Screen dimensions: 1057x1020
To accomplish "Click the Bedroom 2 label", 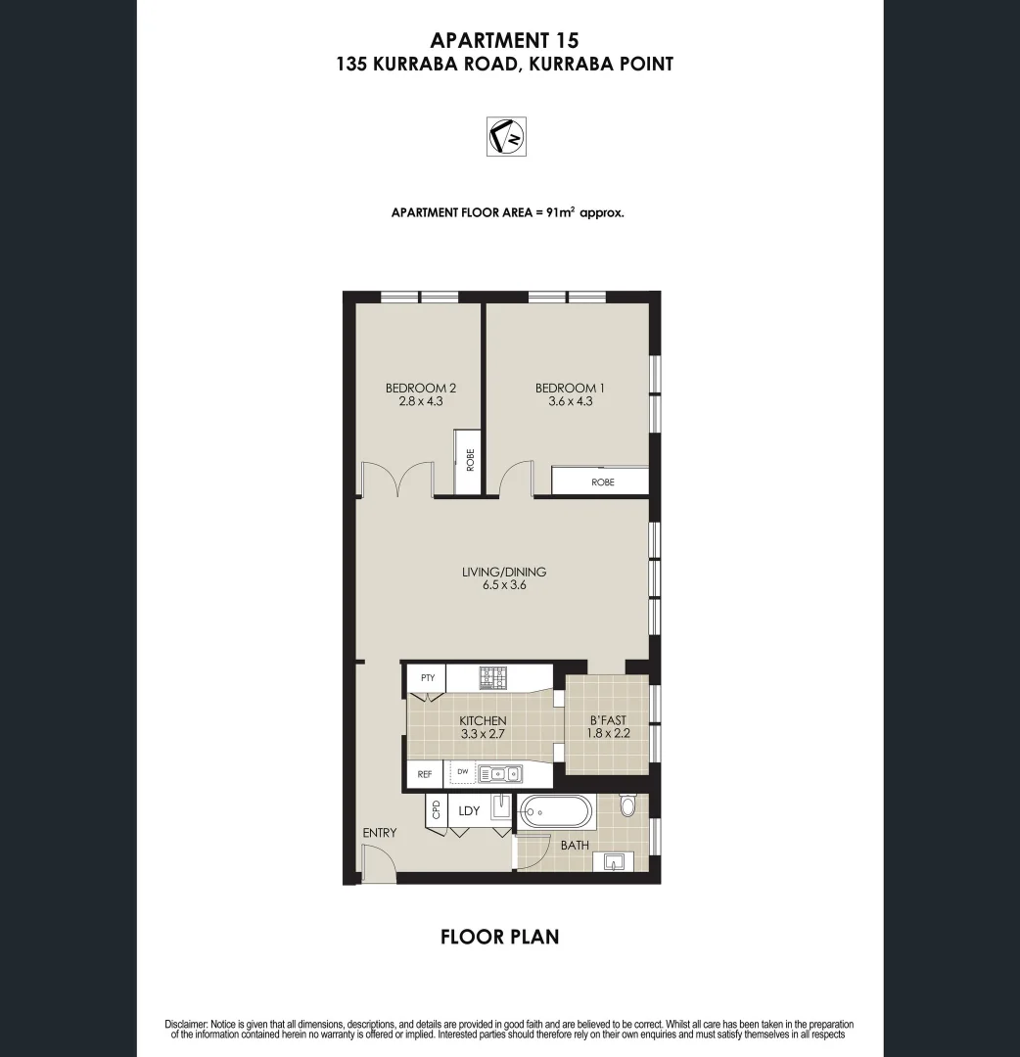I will click(x=420, y=388).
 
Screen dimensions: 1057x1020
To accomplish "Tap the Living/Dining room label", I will click(x=504, y=572).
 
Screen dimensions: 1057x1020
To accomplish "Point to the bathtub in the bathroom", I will click(x=555, y=811).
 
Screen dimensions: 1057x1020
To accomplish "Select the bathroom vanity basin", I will click(x=616, y=861).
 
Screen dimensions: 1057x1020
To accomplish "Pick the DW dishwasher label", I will click(x=462, y=772).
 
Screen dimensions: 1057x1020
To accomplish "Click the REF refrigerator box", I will click(x=425, y=774).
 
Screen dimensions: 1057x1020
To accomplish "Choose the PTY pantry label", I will click(x=427, y=677).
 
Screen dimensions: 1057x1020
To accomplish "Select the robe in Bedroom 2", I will click(x=469, y=462).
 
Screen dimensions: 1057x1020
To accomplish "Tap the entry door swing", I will click(x=378, y=862).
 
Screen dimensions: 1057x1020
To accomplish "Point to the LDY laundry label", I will click(x=469, y=810).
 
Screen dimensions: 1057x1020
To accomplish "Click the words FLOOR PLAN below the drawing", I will click(x=500, y=937).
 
